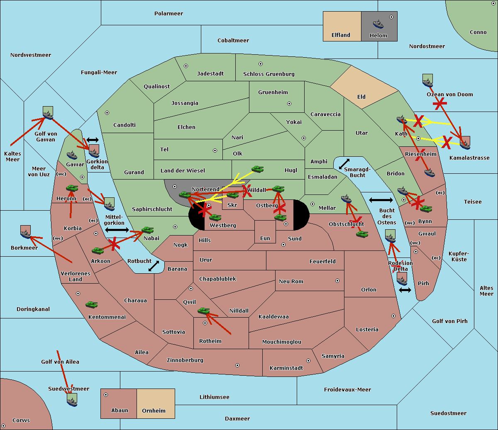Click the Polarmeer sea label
[x=168, y=14]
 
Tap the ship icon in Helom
[x=378, y=24]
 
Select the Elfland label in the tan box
[x=341, y=35]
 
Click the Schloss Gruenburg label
[x=269, y=74]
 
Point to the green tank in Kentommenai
[x=91, y=305]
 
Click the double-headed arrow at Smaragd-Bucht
[x=344, y=164]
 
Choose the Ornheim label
[x=154, y=411]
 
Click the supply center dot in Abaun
[x=106, y=395]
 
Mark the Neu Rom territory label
[x=291, y=282]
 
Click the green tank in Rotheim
[x=203, y=311]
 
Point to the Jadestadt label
[x=210, y=74]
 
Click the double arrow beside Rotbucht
[x=154, y=266]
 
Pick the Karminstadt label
[x=286, y=368]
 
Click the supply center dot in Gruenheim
[x=289, y=104]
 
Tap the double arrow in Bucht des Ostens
[x=381, y=200]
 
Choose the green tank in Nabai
[x=147, y=230]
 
